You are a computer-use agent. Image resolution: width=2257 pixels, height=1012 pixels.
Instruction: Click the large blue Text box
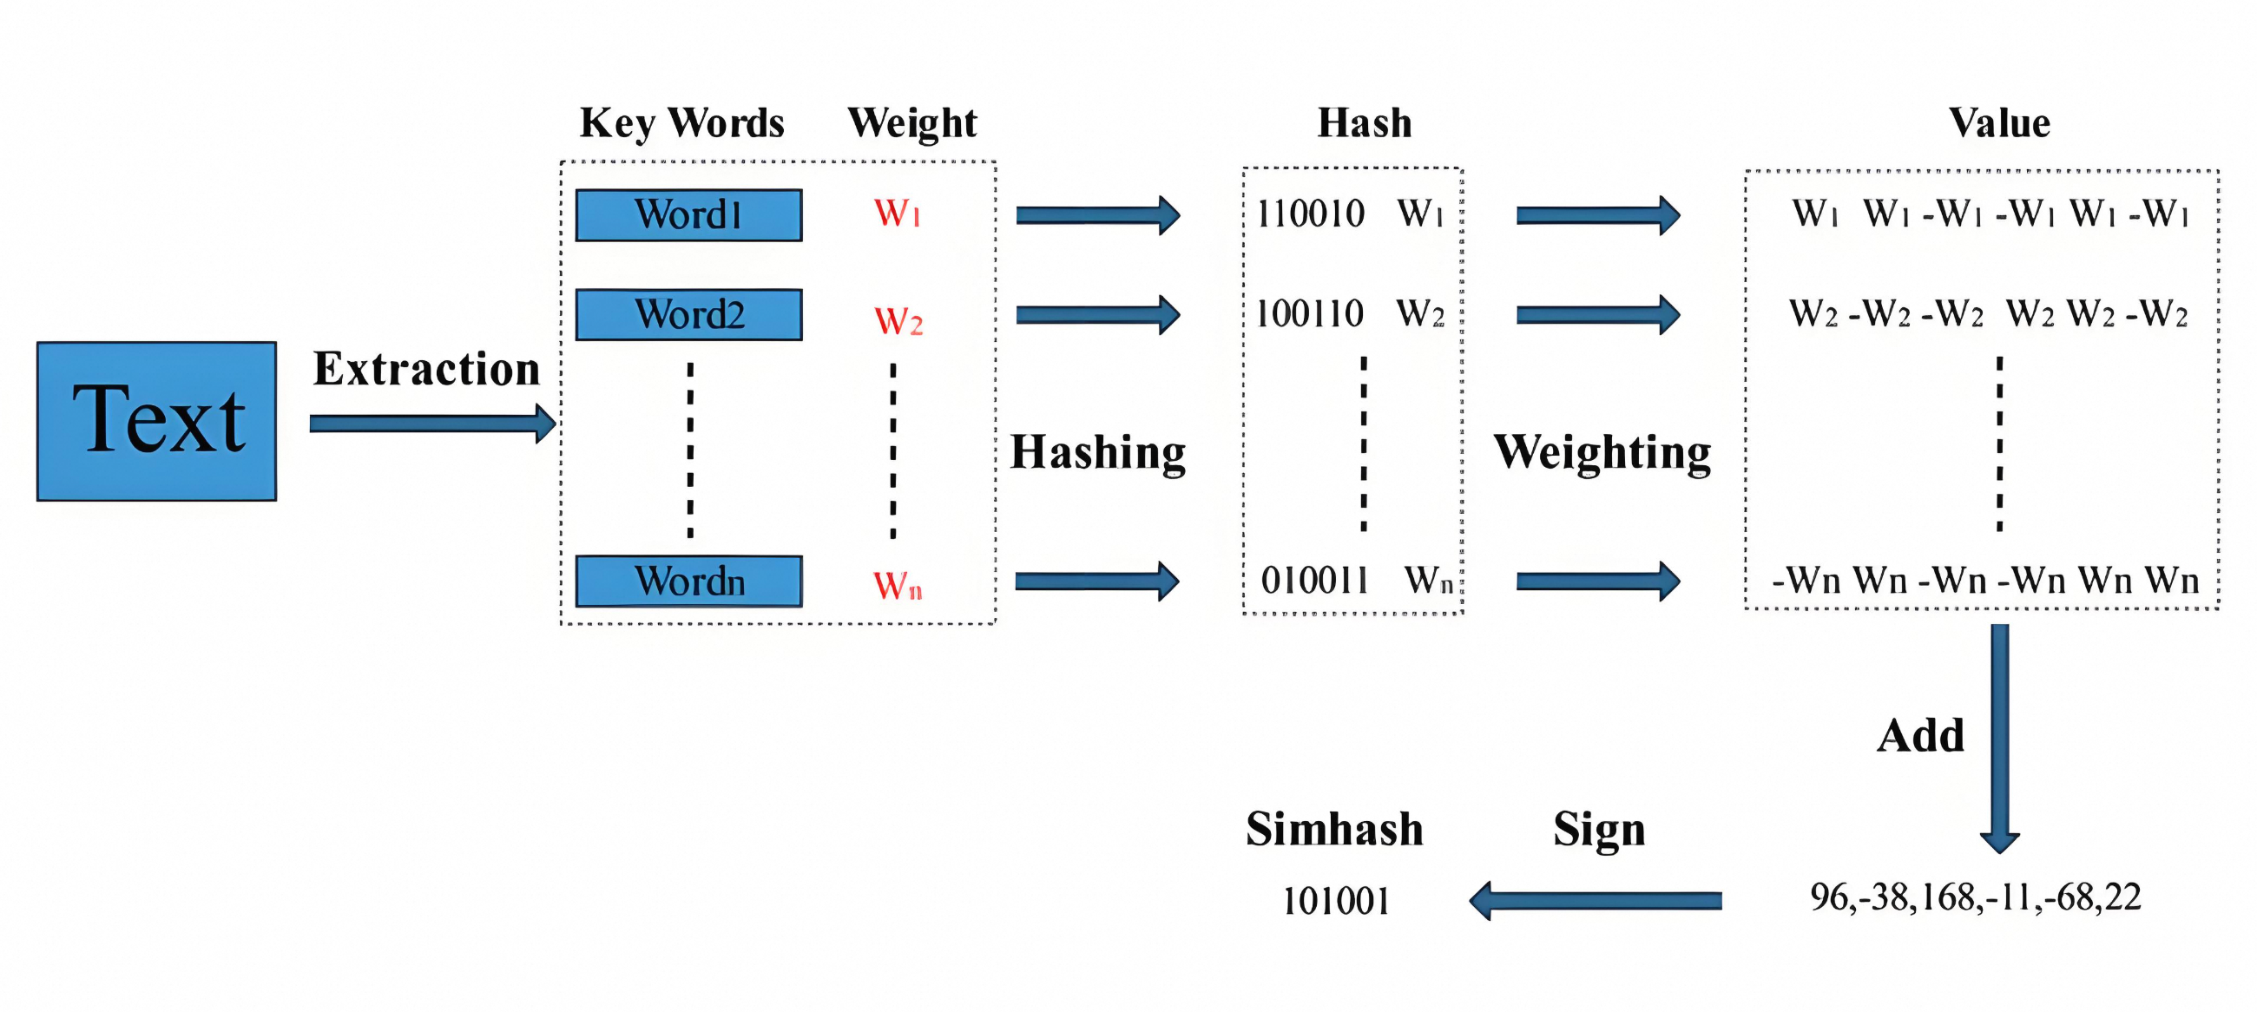coord(157,422)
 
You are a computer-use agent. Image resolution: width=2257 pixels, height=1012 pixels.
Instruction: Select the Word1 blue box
coord(688,215)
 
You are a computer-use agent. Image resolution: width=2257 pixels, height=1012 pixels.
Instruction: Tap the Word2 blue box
coord(688,314)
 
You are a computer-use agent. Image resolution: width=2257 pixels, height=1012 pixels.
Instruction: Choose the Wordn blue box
coord(688,581)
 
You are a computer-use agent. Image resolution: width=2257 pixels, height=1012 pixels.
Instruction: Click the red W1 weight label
coord(898,214)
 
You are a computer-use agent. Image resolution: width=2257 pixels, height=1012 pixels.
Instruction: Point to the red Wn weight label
coord(898,584)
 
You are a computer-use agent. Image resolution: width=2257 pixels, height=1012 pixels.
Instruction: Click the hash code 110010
coord(1310,214)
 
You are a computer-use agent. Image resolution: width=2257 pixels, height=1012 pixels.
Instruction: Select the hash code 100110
coord(1310,313)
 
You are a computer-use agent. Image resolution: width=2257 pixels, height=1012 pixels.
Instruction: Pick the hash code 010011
coord(1314,580)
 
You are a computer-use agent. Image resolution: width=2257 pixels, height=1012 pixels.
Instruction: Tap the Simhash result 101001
coord(1336,901)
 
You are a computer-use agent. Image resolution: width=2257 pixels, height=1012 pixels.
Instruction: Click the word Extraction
coord(427,369)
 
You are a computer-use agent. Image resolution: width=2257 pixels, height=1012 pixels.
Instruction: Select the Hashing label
coord(1098,453)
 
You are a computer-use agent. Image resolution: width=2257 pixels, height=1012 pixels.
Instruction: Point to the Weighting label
coord(1602,453)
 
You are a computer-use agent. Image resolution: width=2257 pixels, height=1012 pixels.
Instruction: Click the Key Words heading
coord(681,123)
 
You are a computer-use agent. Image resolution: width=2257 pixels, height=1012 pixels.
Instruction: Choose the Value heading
coord(1999,122)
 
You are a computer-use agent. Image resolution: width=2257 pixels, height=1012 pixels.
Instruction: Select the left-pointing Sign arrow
coord(1596,901)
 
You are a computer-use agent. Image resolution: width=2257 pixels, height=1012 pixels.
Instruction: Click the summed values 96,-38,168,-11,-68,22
coord(1976,897)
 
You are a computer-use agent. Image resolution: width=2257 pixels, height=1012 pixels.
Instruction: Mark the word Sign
coord(1599,830)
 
